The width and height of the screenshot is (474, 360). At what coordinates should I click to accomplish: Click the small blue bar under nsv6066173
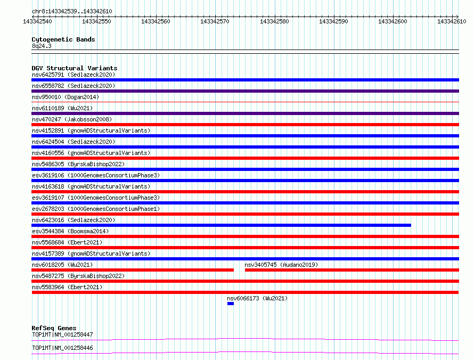click(x=231, y=304)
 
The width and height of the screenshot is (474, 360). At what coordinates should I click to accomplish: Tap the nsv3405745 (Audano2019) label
click(x=281, y=265)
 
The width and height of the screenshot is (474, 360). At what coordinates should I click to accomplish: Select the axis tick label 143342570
click(x=215, y=21)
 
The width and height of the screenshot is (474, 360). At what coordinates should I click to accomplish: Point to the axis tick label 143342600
click(x=393, y=21)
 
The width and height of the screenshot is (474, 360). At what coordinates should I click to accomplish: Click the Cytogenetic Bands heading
click(x=63, y=39)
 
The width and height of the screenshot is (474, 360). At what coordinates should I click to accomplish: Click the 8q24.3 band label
click(x=42, y=46)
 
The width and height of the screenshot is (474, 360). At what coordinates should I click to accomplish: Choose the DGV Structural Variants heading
click(x=75, y=68)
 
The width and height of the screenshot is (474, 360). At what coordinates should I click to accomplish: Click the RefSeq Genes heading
click(x=54, y=328)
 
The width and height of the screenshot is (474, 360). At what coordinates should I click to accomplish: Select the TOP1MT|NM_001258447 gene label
click(x=62, y=334)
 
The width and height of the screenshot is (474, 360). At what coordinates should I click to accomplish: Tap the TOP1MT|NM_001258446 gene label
click(x=62, y=348)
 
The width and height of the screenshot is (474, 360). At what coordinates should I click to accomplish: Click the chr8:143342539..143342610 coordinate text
click(x=72, y=11)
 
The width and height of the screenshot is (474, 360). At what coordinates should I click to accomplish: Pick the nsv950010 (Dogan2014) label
click(x=66, y=97)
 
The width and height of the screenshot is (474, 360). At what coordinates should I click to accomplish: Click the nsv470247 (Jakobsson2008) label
click(x=72, y=119)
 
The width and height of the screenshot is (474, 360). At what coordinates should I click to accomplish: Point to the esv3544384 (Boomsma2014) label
click(x=70, y=231)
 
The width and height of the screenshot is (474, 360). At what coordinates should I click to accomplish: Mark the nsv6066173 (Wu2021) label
click(x=257, y=298)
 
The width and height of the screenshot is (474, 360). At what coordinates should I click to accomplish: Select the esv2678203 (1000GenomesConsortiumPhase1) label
click(x=96, y=209)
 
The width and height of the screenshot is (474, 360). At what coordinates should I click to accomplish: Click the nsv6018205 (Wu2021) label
click(x=62, y=265)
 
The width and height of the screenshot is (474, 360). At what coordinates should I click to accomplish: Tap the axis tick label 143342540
click(x=37, y=21)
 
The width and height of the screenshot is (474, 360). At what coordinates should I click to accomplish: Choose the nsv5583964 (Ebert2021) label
click(x=67, y=287)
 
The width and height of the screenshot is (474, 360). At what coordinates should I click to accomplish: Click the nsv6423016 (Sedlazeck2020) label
click(x=73, y=220)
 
